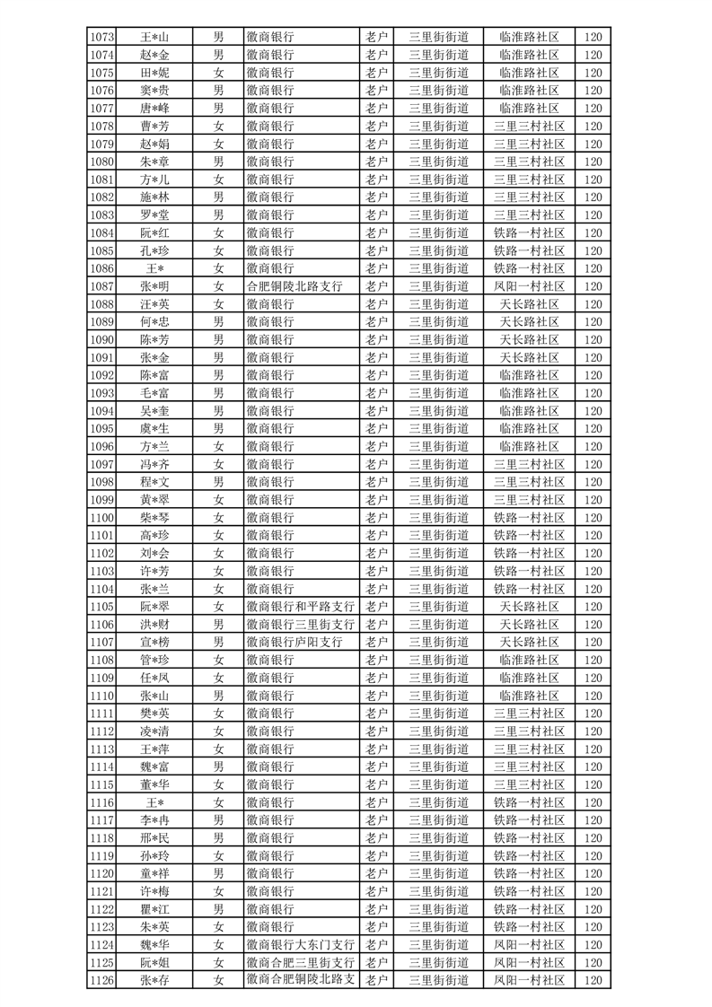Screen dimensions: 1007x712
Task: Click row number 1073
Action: (x=102, y=37)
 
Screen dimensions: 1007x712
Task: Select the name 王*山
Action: (x=154, y=37)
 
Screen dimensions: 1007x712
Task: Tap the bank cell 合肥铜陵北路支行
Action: (x=300, y=286)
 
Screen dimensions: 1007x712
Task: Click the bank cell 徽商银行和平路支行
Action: (x=300, y=607)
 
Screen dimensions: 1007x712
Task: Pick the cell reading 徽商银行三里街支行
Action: (x=300, y=625)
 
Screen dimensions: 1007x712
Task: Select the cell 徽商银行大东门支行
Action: (x=300, y=945)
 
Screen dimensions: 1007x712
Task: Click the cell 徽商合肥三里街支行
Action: (x=300, y=963)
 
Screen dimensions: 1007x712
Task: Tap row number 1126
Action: (x=102, y=981)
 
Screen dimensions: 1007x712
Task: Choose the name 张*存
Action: (x=154, y=981)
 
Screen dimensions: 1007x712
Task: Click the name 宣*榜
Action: (x=154, y=643)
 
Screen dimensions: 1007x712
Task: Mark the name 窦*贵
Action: (x=154, y=91)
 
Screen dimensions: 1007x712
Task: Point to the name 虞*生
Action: (x=154, y=429)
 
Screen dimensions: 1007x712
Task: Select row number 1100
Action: (x=102, y=518)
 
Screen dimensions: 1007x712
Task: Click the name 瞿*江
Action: (x=154, y=909)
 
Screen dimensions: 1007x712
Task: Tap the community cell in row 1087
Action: (x=530, y=286)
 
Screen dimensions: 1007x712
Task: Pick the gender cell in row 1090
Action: (x=218, y=340)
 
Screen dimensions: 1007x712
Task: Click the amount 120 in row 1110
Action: (x=592, y=696)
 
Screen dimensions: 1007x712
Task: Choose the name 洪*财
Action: (x=154, y=625)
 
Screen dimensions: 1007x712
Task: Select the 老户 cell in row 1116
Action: (x=376, y=802)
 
